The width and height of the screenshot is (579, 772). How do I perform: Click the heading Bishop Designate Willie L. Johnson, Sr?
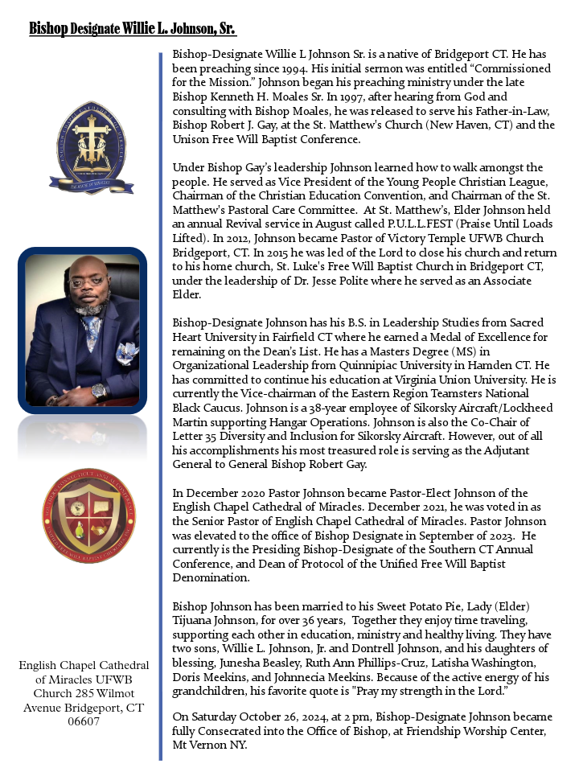click(133, 29)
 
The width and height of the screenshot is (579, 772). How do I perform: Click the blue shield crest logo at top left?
click(83, 146)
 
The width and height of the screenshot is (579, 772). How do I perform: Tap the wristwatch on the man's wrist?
click(99, 392)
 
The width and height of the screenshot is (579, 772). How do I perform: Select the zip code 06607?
click(84, 721)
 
